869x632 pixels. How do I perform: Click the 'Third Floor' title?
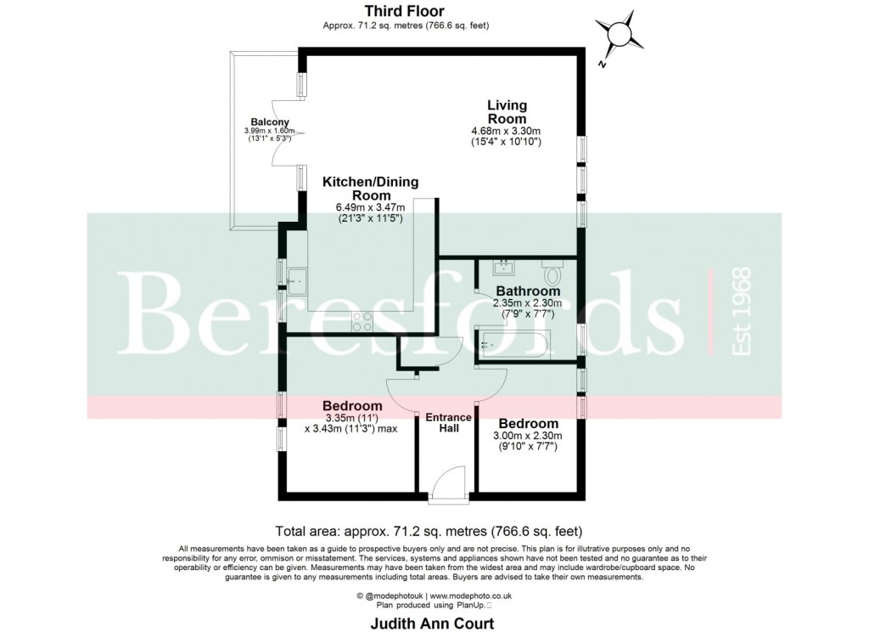[405, 11]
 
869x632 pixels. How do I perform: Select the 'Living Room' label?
[507, 112]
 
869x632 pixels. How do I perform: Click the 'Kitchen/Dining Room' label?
[370, 188]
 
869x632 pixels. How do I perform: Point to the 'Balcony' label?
[267, 121]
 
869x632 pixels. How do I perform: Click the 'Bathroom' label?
[528, 291]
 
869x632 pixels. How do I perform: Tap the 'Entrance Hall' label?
[448, 422]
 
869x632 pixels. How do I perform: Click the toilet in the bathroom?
[552, 274]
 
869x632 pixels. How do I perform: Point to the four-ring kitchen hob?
[362, 320]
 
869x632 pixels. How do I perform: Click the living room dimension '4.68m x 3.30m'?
[507, 131]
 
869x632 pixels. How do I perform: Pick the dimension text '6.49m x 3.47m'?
[370, 206]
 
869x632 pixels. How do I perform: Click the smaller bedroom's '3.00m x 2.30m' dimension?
[528, 436]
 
